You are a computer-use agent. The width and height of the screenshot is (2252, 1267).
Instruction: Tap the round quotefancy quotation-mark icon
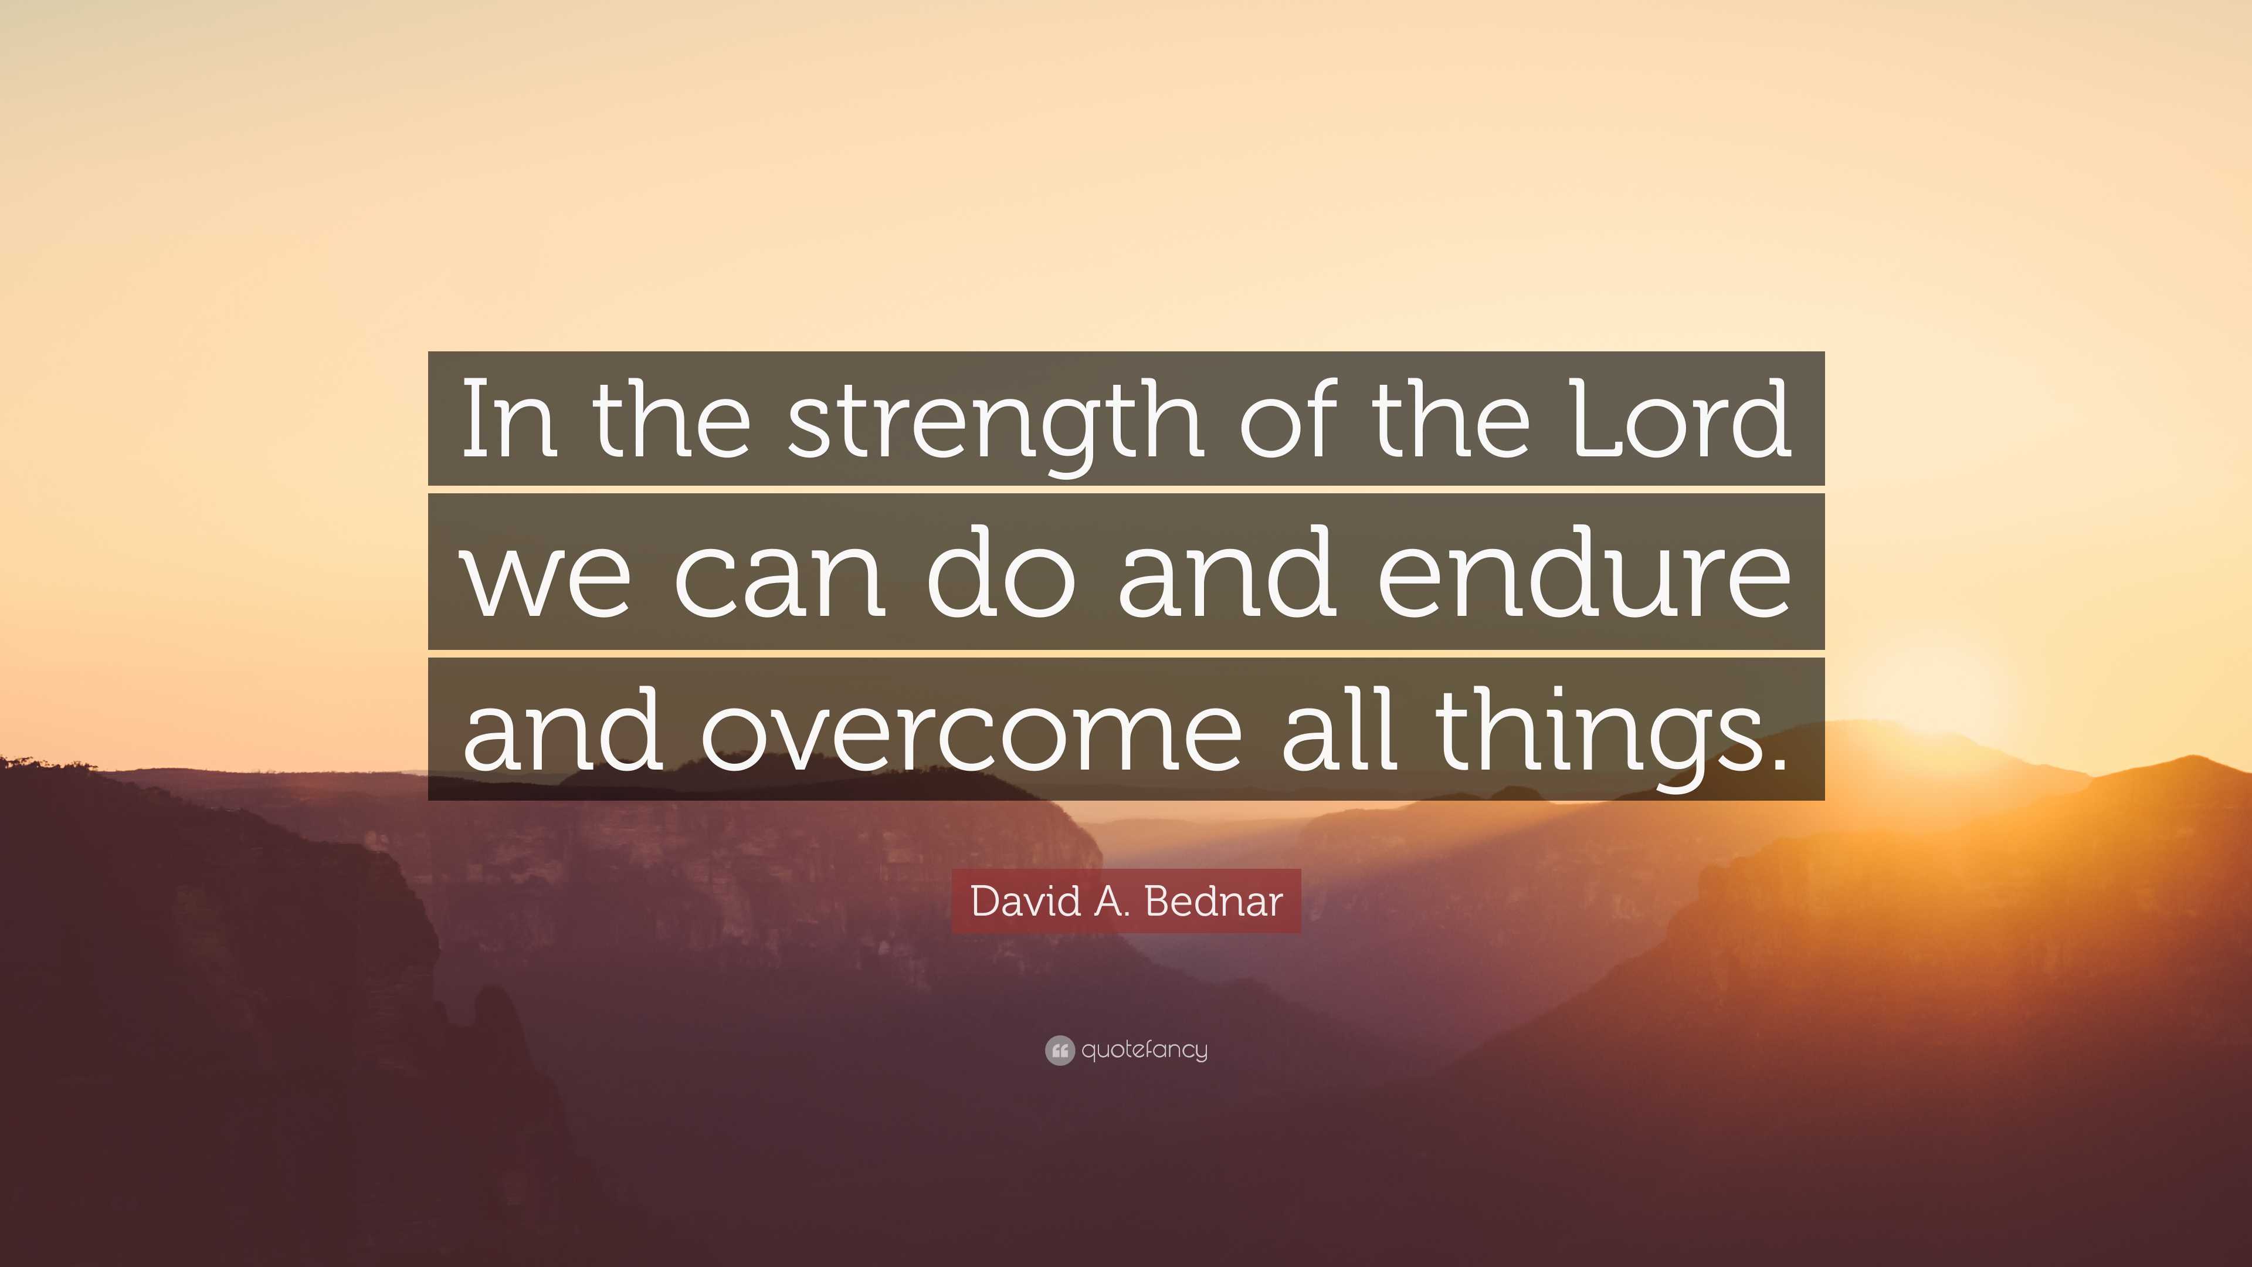click(1059, 1050)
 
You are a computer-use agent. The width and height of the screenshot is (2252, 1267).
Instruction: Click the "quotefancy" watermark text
click(1144, 1050)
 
